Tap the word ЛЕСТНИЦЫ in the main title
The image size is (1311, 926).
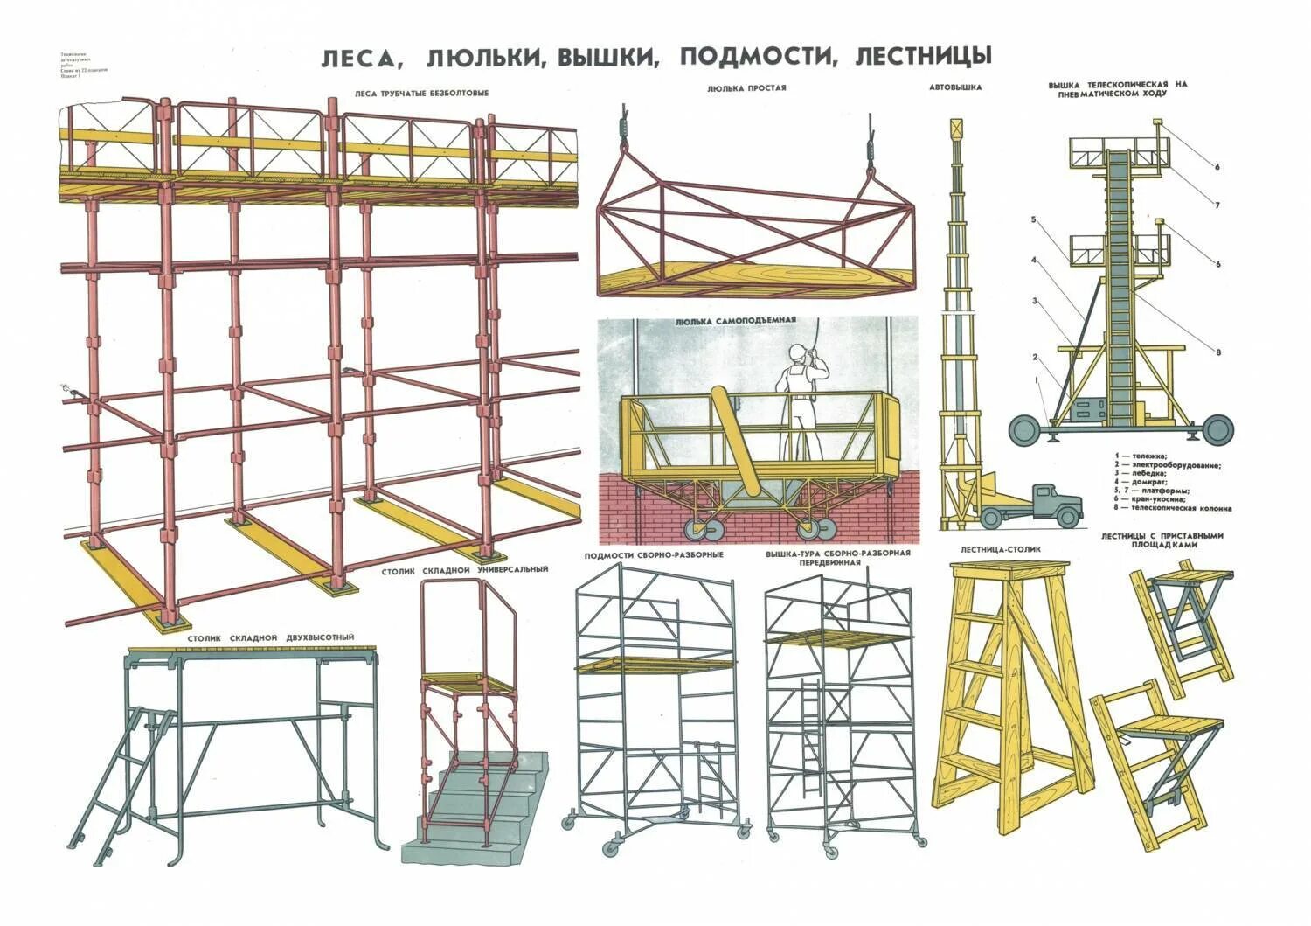pyautogui.click(x=924, y=57)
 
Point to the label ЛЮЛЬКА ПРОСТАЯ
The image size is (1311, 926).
pyautogui.click(x=746, y=87)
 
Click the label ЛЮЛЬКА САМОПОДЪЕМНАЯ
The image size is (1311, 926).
pyautogui.click(x=735, y=321)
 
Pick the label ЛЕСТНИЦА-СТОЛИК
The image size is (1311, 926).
pyautogui.click(x=1001, y=550)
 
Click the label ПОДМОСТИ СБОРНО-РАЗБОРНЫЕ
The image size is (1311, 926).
pyautogui.click(x=654, y=556)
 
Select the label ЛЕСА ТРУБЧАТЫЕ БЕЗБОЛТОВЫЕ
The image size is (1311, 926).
pyautogui.click(x=421, y=93)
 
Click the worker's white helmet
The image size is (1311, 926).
pyautogui.click(x=797, y=352)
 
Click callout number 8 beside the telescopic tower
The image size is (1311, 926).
pyautogui.click(x=1217, y=352)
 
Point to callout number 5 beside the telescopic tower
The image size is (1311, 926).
pyautogui.click(x=1033, y=220)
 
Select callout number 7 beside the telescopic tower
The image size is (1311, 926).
pyautogui.click(x=1217, y=205)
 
